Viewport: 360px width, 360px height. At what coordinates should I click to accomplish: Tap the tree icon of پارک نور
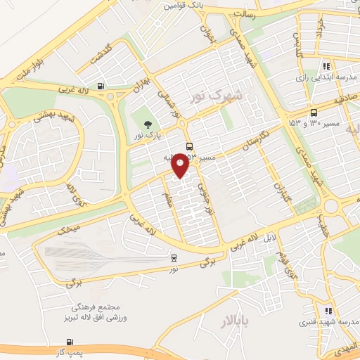click(148, 124)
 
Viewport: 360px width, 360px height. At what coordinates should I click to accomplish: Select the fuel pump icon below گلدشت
click(103, 86)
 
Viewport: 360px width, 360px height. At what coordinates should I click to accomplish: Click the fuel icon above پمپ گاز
click(58, 342)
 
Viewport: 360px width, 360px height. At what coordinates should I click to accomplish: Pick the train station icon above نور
click(174, 258)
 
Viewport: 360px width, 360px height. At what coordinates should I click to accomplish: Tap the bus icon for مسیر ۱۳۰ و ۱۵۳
click(314, 111)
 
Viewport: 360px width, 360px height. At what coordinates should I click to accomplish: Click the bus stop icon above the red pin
click(189, 146)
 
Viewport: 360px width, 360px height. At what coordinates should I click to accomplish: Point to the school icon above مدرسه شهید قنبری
click(328, 311)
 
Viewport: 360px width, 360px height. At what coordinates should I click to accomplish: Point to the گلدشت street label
click(98, 57)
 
